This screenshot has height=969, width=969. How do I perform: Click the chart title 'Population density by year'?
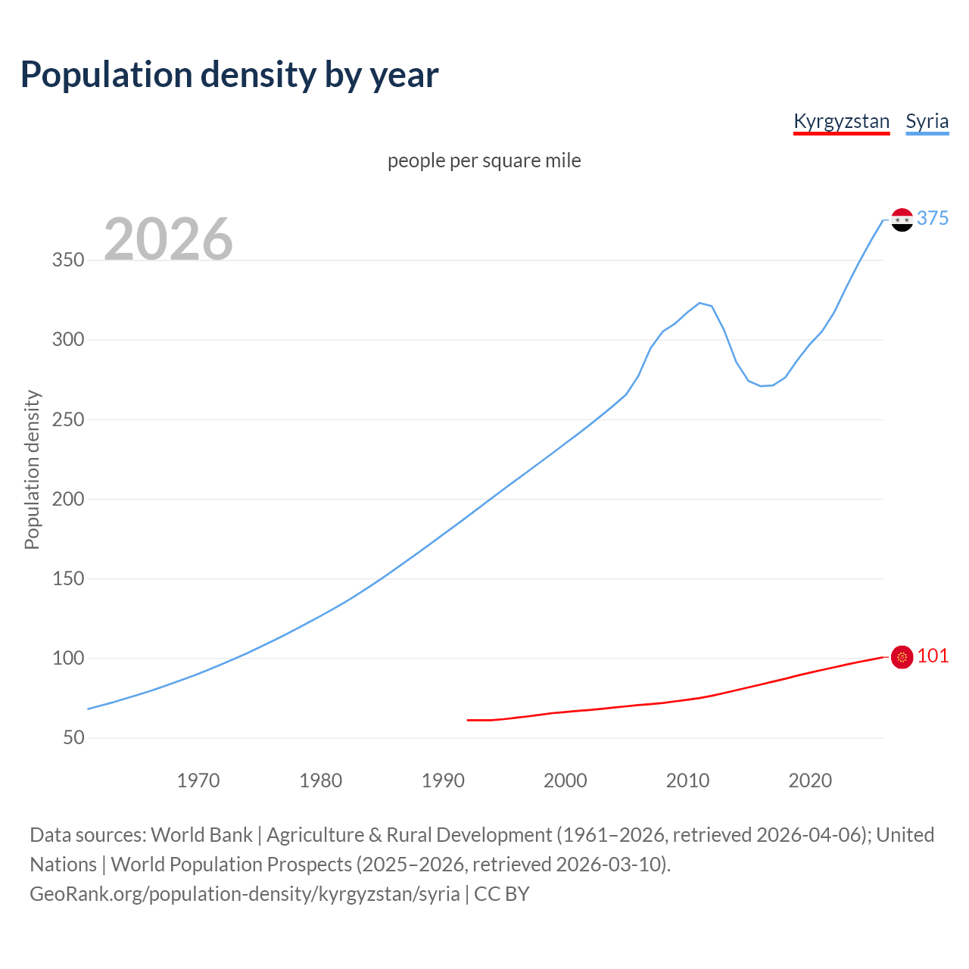coord(229,74)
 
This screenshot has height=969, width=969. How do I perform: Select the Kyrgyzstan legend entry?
coord(841,121)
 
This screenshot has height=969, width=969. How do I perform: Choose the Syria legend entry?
coord(927,121)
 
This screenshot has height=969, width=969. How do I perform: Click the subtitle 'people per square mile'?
coord(484,160)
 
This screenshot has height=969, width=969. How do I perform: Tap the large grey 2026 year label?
coord(168,238)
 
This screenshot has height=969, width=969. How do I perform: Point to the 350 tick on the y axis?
coord(68,260)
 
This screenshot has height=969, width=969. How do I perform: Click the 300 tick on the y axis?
coord(68,340)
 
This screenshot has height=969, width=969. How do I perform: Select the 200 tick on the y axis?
coord(68,499)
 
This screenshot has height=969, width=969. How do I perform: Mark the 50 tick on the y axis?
coord(73,737)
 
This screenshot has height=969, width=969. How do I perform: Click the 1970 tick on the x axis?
coord(198,780)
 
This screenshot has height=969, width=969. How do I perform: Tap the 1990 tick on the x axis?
coord(443,780)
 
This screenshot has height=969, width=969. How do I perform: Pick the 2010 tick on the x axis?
coord(687,780)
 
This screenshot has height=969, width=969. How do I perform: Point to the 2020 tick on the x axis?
coord(810,780)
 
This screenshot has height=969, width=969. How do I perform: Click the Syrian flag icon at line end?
coord(902,220)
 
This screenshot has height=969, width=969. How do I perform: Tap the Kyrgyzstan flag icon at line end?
coord(902,657)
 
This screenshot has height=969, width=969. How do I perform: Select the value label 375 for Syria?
coord(933,218)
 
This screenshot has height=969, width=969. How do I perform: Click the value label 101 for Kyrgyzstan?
coord(933,656)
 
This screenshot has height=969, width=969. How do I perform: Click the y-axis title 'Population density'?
coord(32,469)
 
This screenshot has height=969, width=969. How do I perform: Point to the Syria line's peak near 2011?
coord(699,303)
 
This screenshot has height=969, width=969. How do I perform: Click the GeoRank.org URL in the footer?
coord(245,894)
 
